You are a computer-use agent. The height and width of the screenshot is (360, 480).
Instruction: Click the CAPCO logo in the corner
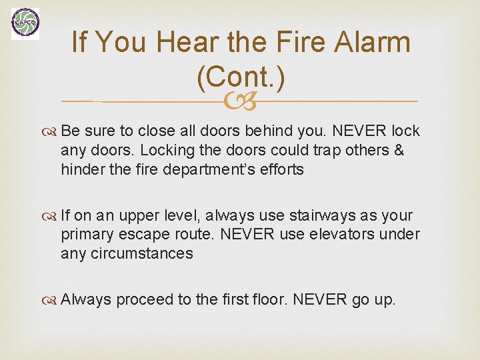[x=25, y=24]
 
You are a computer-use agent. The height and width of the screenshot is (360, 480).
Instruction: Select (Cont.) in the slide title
[x=241, y=79]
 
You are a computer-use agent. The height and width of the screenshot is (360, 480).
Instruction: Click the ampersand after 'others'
[x=399, y=150]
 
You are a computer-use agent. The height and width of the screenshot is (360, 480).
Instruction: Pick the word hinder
[x=82, y=169]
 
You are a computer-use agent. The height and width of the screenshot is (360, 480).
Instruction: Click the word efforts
[x=281, y=169]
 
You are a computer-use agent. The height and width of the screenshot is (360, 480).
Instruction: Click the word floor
[x=270, y=300]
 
